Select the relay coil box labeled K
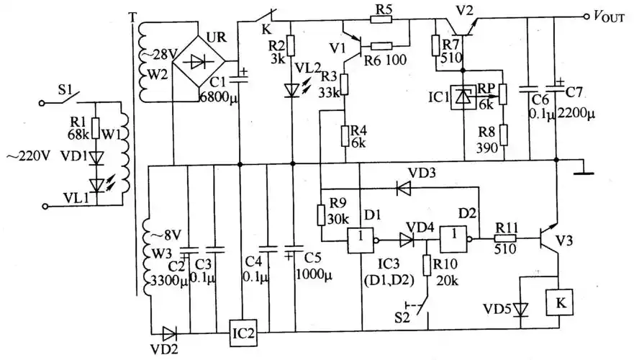[x=559, y=302]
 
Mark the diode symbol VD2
[x=171, y=333]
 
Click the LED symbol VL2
[x=291, y=90]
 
